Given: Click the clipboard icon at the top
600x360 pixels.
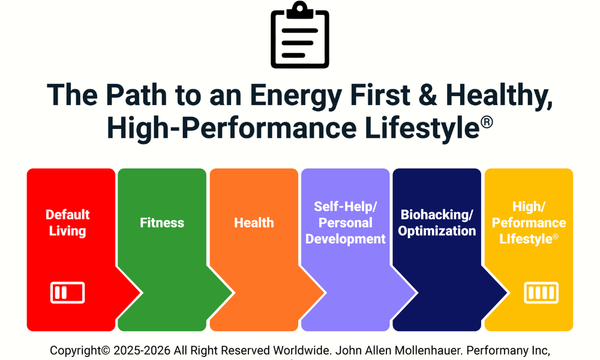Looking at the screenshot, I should tap(300, 35).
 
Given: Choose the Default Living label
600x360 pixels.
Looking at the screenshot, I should tap(67, 223).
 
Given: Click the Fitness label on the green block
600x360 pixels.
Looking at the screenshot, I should tap(162, 223).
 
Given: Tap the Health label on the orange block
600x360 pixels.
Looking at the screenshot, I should tap(254, 223).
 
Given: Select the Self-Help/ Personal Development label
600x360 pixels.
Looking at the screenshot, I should tap(346, 223).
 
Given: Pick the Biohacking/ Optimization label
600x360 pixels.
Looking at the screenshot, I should tap(437, 223).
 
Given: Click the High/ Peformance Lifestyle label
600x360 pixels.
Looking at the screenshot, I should tap(529, 223).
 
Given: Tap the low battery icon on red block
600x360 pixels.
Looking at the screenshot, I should tap(67, 293).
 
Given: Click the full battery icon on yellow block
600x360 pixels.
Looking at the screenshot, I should tap(541, 293).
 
